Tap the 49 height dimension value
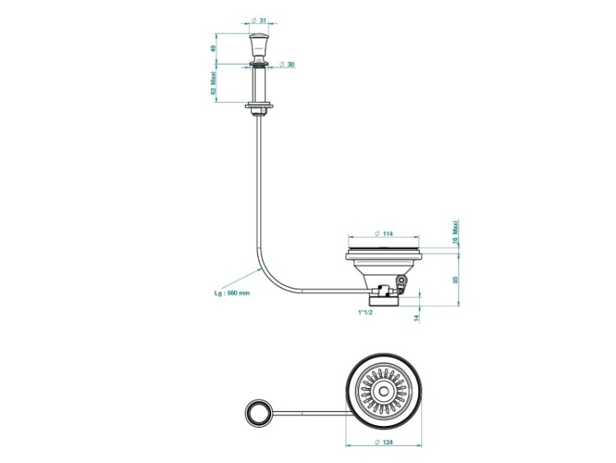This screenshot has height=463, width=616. point(214,49)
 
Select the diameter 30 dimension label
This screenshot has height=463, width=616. point(287,64)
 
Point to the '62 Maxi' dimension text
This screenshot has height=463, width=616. point(214,83)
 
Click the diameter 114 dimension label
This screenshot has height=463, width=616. point(383,234)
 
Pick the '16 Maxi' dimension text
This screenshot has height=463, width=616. point(455,233)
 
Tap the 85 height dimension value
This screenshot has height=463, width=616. point(455,280)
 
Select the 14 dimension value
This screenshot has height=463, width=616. point(416,317)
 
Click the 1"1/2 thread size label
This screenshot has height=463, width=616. point(365,313)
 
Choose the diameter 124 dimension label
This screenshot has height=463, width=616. point(384,442)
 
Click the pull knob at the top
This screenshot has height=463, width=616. point(257,44)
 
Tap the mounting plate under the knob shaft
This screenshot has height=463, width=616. point(259,105)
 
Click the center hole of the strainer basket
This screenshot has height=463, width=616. point(383,391)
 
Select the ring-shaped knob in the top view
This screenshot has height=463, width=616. point(258,412)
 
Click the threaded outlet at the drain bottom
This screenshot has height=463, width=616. point(384,301)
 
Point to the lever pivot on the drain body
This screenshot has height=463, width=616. point(401,280)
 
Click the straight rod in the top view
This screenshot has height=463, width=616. point(310,413)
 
